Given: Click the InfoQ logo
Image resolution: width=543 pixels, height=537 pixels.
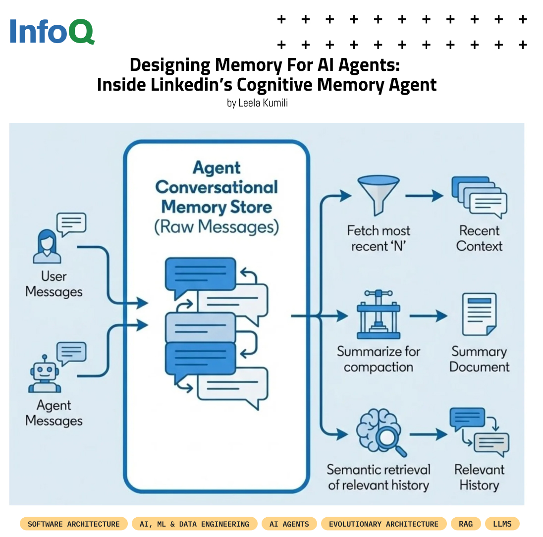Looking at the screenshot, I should click(52, 32).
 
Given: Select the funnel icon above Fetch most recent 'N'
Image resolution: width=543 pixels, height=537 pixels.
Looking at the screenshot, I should click(378, 195).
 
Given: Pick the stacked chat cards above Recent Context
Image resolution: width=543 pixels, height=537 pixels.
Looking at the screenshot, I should click(479, 198).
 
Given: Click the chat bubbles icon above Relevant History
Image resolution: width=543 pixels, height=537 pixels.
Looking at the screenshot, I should click(479, 431).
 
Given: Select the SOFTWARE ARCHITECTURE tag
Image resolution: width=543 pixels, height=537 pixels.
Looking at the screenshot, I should click(74, 524).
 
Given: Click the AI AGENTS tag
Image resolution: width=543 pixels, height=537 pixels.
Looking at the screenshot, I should click(289, 524).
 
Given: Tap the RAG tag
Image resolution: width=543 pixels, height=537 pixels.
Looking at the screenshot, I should click(466, 524).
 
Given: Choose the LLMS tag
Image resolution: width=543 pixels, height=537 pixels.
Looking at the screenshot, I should click(502, 524).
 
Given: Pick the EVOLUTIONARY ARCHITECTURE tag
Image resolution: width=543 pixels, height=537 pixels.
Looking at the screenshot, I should click(383, 524).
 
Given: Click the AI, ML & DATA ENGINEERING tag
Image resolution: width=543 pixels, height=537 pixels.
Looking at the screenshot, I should click(194, 524).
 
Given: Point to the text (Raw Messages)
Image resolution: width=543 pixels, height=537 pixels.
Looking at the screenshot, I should click(217, 226).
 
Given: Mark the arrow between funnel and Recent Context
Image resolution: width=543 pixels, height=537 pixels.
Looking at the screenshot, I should click(424, 196).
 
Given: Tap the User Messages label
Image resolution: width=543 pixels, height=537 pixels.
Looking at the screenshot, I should click(54, 284).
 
